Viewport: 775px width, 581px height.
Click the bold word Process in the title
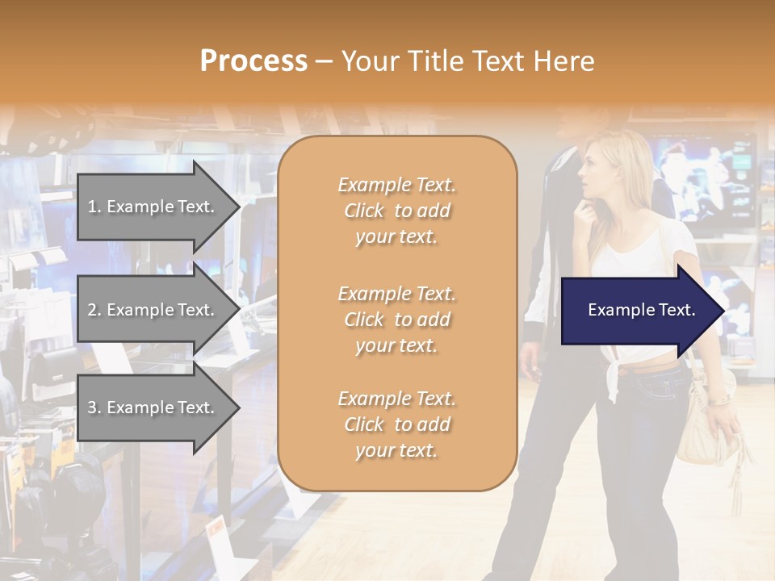[x=253, y=61]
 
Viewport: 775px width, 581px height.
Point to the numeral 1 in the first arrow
[x=91, y=207]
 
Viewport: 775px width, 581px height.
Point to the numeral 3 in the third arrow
[x=91, y=408]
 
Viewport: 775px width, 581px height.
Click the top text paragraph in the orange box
[x=396, y=211]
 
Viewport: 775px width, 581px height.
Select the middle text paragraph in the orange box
[x=396, y=320]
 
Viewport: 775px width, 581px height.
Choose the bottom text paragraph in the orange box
[x=396, y=424]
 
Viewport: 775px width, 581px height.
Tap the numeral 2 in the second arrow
[x=91, y=310]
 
